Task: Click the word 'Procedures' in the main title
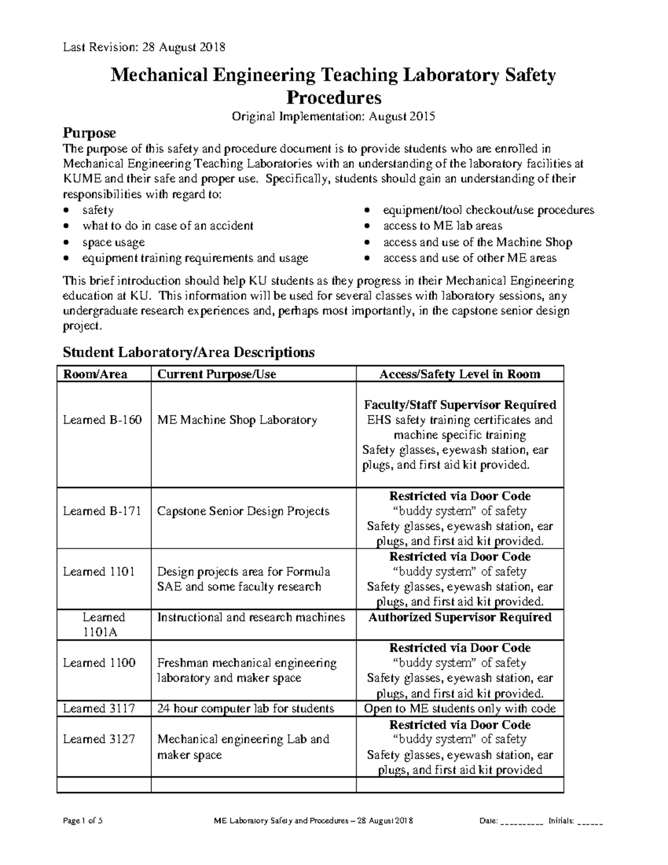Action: [333, 97]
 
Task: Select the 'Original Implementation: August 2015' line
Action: [333, 116]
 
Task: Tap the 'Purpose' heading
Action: [89, 133]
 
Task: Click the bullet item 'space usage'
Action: [114, 242]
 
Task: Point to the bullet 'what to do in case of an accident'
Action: [168, 226]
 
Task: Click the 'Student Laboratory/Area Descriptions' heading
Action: [189, 352]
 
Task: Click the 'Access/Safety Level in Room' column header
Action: [459, 374]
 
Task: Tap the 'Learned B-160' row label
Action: [102, 420]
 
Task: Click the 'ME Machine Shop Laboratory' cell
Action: [237, 420]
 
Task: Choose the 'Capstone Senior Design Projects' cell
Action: [243, 511]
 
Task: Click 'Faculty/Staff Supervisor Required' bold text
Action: [460, 405]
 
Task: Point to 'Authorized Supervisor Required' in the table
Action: [460, 617]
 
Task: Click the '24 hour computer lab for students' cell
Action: [245, 708]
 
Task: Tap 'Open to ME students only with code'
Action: [460, 708]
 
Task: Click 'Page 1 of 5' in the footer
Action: [81, 822]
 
